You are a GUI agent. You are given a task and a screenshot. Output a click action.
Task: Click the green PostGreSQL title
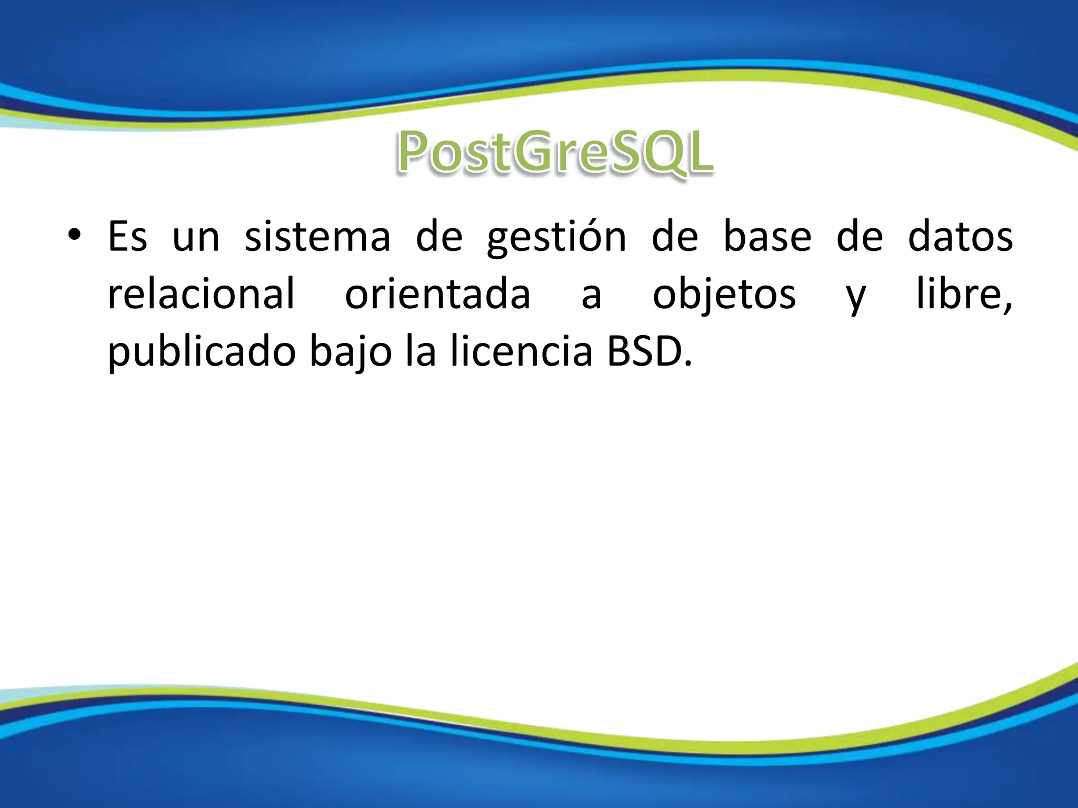(555, 153)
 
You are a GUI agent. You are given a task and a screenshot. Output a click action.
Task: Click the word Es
(127, 236)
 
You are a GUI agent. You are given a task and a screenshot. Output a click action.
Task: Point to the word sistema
(317, 236)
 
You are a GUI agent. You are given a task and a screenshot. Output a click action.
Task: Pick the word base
(767, 236)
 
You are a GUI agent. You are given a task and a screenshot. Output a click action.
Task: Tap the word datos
(960, 236)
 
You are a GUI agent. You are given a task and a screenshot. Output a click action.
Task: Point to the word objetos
(724, 295)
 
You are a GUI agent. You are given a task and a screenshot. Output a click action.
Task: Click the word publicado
(202, 351)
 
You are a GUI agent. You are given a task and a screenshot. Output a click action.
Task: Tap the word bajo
(351, 351)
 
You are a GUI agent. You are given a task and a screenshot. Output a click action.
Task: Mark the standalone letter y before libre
(856, 297)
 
